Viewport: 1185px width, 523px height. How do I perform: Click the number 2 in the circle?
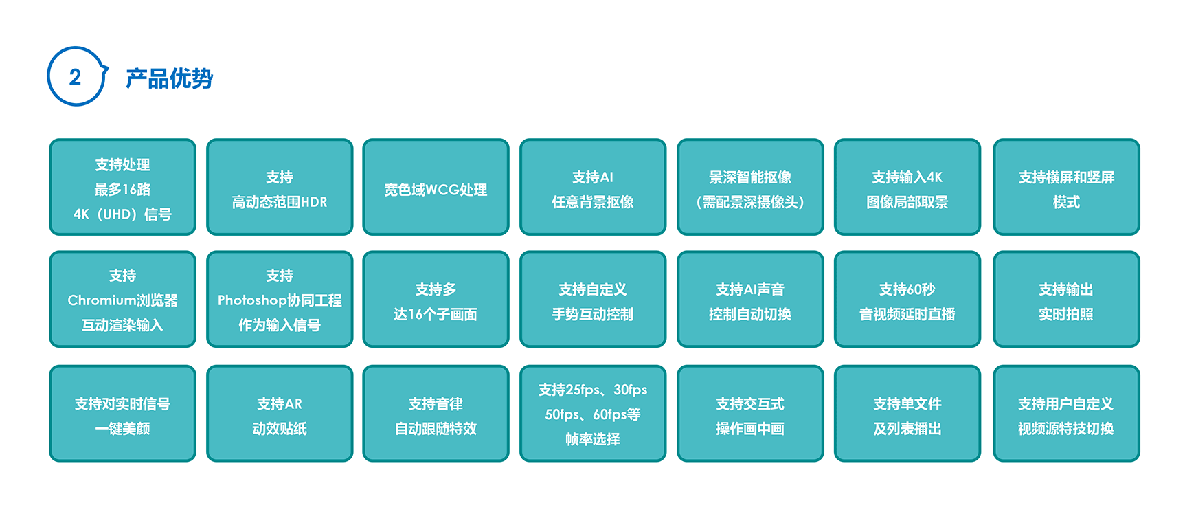pos(75,77)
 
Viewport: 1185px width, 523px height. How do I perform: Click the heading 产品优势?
pos(169,78)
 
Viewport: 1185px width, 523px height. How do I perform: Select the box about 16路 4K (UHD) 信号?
pos(122,187)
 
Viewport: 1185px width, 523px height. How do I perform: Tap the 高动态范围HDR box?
pos(280,187)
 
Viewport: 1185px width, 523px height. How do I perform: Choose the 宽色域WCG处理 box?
pos(436,187)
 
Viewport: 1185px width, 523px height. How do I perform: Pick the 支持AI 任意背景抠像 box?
pos(593,187)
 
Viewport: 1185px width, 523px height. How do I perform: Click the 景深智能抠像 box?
pos(750,187)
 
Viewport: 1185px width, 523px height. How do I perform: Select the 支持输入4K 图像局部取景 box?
pos(907,187)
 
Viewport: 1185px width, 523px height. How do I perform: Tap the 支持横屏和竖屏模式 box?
pos(1066,187)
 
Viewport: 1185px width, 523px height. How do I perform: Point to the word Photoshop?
pos(252,300)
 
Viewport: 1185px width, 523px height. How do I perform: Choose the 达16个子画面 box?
pos(436,299)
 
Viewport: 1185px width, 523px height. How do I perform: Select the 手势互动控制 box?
pos(593,299)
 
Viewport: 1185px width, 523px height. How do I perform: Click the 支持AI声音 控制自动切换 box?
pos(750,299)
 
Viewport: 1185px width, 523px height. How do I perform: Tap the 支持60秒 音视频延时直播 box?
pos(907,299)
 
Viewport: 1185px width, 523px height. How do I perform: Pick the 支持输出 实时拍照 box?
pos(1066,299)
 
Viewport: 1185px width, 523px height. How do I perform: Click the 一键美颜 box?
pos(122,413)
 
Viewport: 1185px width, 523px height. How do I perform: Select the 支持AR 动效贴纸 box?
pos(280,413)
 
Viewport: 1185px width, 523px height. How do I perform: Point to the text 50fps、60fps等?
pos(593,414)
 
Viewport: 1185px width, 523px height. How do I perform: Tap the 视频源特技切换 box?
pos(1066,413)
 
